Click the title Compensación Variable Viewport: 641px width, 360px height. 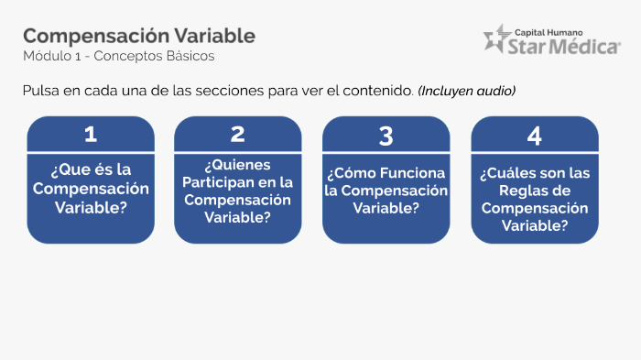(139, 36)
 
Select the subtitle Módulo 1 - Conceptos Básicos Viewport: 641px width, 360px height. (119, 57)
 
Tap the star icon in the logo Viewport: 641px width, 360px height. (498, 38)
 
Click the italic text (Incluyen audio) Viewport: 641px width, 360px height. (467, 91)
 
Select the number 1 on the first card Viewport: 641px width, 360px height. (90, 135)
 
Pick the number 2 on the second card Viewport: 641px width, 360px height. (238, 135)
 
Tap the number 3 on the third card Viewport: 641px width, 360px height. (386, 136)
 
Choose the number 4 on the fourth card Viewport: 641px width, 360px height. (535, 136)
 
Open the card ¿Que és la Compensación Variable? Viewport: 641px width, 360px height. (90, 189)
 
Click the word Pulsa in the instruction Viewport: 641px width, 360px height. (41, 91)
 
